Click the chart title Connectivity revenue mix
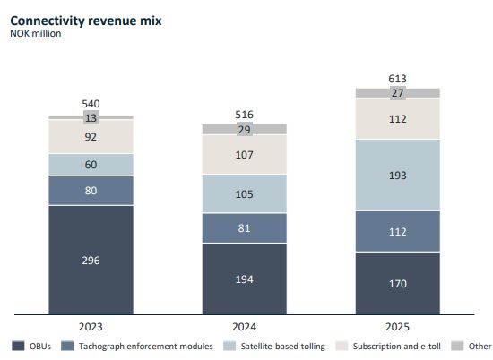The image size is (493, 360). point(86,21)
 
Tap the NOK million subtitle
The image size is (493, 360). point(36,34)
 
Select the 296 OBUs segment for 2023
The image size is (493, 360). point(91,260)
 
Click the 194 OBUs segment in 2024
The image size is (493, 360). point(245,279)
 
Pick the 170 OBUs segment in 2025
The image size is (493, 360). point(398,283)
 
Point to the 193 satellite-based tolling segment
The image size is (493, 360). point(398,175)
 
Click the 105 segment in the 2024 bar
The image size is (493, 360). point(245,193)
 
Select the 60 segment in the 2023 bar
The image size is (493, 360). point(91,164)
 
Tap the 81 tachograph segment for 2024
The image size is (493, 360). point(245,228)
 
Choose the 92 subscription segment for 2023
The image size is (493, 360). point(91,136)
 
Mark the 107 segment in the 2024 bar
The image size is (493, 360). point(245,155)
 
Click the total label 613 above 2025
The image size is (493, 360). point(397,79)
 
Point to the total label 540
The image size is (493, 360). point(91,104)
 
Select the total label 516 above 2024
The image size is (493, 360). point(245,115)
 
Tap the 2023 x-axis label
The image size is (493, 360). point(91,327)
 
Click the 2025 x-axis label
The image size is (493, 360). point(397,327)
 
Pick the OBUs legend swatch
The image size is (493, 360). point(18,346)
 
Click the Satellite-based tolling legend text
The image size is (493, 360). point(283,347)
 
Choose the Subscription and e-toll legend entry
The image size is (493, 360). point(388,347)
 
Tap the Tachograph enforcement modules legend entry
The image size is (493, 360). point(137,347)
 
